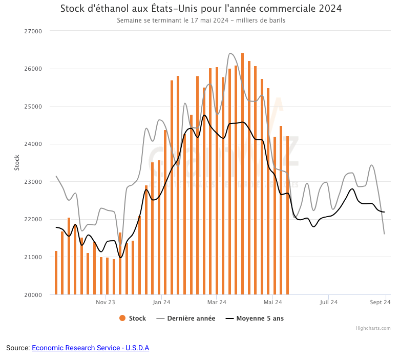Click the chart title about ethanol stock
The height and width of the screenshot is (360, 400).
[x=201, y=9]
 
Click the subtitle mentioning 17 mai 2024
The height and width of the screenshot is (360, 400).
[x=201, y=20]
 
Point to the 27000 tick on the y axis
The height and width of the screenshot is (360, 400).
[x=34, y=31]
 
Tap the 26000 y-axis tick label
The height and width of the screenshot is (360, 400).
[x=34, y=69]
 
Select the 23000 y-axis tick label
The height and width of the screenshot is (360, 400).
[x=34, y=182]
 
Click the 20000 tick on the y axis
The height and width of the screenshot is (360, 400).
[x=34, y=295]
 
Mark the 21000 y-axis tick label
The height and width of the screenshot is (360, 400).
[x=34, y=257]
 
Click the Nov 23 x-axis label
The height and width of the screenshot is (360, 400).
[x=105, y=302]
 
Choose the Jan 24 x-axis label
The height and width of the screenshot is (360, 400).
[x=161, y=302]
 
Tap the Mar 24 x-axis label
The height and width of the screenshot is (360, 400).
[x=217, y=302]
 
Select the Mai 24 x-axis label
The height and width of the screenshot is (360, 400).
[x=272, y=302]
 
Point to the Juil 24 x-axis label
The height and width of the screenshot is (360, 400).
[x=328, y=302]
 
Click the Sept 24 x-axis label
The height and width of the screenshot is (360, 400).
[x=381, y=302]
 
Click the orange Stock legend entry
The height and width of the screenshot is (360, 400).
[x=133, y=319]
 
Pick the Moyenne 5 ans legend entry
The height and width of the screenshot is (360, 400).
[x=255, y=319]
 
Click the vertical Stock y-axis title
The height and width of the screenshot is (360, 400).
[x=16, y=163]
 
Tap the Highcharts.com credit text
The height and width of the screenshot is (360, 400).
[x=373, y=328]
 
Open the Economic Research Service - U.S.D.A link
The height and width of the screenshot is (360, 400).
[x=90, y=348]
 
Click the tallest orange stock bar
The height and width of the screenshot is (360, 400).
[x=242, y=174]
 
